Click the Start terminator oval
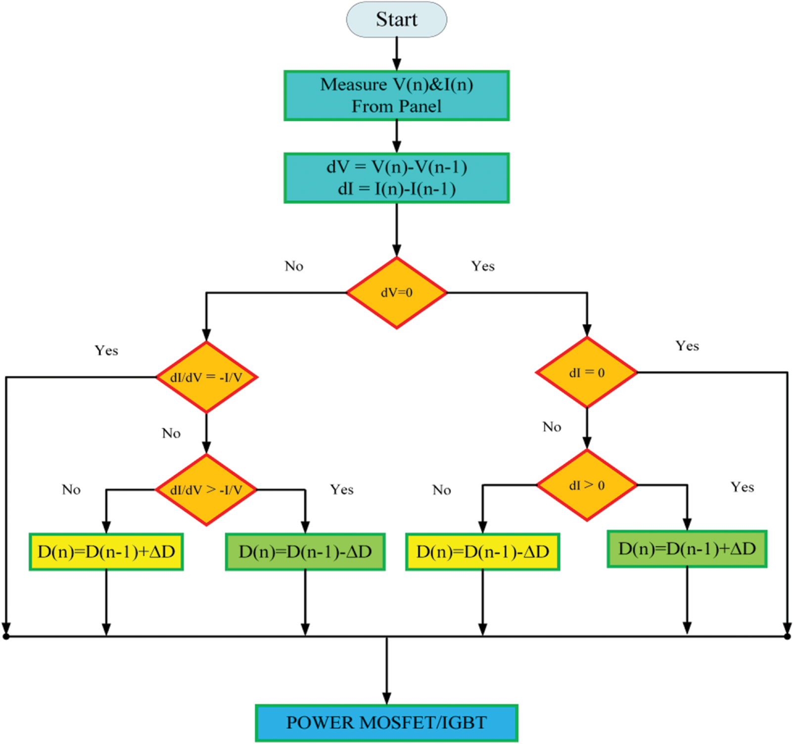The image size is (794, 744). point(396,19)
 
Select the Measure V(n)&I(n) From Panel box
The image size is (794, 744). point(396,96)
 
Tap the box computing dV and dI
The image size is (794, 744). point(396,178)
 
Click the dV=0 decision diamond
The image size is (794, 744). point(396,293)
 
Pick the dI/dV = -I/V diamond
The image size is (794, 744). point(206,377)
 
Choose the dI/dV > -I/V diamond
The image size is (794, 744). point(206,490)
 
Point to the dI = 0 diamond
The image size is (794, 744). point(587,372)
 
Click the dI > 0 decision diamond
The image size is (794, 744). point(587,485)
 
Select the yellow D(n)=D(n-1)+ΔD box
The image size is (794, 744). point(106,551)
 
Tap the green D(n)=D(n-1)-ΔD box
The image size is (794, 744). point(305,551)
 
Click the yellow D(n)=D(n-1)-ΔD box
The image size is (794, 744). point(482,551)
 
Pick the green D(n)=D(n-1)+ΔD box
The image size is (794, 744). point(687,548)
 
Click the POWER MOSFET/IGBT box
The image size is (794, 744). point(386,723)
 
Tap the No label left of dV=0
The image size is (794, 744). point(294,266)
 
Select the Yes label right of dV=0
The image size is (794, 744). point(482,266)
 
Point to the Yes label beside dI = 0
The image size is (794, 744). point(687,346)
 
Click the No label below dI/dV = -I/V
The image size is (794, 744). point(171,434)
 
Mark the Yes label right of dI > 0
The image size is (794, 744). point(742,487)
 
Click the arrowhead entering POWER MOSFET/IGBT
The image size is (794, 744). point(386,698)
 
